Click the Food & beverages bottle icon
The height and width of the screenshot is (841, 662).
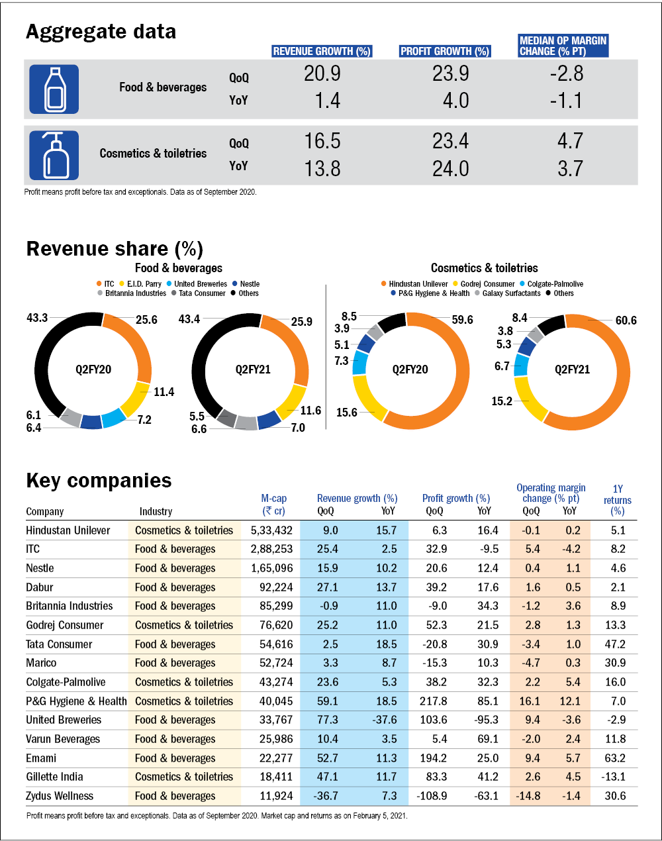click(54, 89)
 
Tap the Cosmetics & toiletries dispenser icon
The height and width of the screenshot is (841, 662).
click(54, 155)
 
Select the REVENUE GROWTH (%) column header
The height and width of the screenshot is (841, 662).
click(322, 51)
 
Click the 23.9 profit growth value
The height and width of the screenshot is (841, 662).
click(450, 74)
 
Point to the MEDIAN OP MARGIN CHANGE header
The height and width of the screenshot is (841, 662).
click(563, 45)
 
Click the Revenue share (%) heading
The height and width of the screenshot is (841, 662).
click(115, 249)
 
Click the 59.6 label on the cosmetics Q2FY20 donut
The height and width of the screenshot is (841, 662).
click(462, 320)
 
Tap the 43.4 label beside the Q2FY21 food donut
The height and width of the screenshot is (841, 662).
click(189, 319)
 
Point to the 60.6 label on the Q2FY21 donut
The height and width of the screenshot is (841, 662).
click(626, 321)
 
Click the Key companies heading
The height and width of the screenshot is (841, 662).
click(99, 481)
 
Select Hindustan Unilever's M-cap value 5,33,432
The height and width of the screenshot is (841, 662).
click(271, 530)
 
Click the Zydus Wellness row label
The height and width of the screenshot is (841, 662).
click(60, 796)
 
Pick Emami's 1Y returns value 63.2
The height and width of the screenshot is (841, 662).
click(615, 758)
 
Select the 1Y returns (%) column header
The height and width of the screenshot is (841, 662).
click(617, 500)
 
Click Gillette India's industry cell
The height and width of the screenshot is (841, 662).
click(184, 777)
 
